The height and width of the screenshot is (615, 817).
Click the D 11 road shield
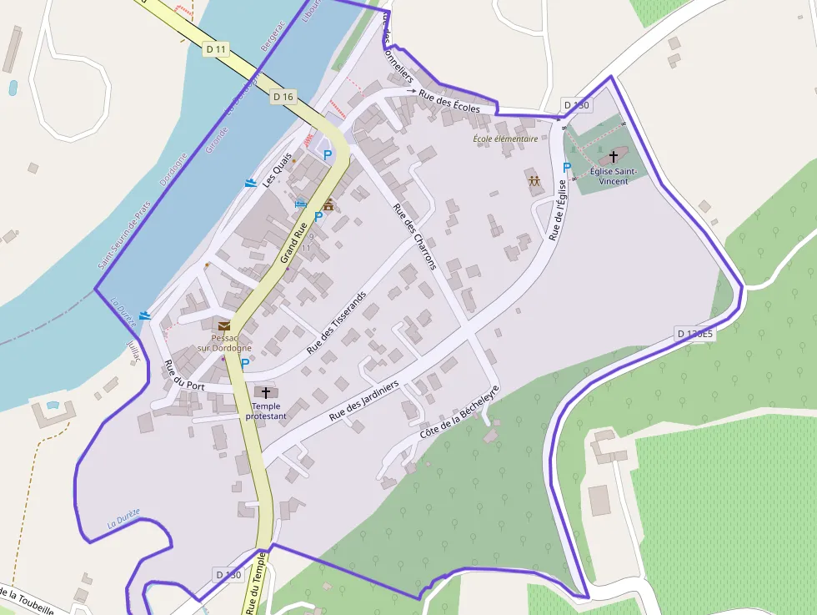click(216, 49)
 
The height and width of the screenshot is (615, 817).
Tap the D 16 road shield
click(283, 97)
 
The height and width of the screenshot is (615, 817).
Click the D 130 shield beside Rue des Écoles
click(577, 105)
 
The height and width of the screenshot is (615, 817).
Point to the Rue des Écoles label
click(449, 101)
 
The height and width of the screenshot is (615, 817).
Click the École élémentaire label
click(505, 139)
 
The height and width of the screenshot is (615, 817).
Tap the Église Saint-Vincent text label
click(613, 176)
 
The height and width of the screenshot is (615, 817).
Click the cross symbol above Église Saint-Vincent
click(614, 156)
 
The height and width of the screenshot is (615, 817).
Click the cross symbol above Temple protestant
click(267, 392)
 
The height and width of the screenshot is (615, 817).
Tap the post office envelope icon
click(224, 326)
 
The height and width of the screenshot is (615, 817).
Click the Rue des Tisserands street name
click(337, 323)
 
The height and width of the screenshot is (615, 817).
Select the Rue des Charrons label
click(414, 237)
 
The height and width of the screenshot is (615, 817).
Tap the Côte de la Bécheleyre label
click(459, 414)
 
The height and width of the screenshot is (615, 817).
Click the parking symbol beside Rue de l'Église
click(567, 168)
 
